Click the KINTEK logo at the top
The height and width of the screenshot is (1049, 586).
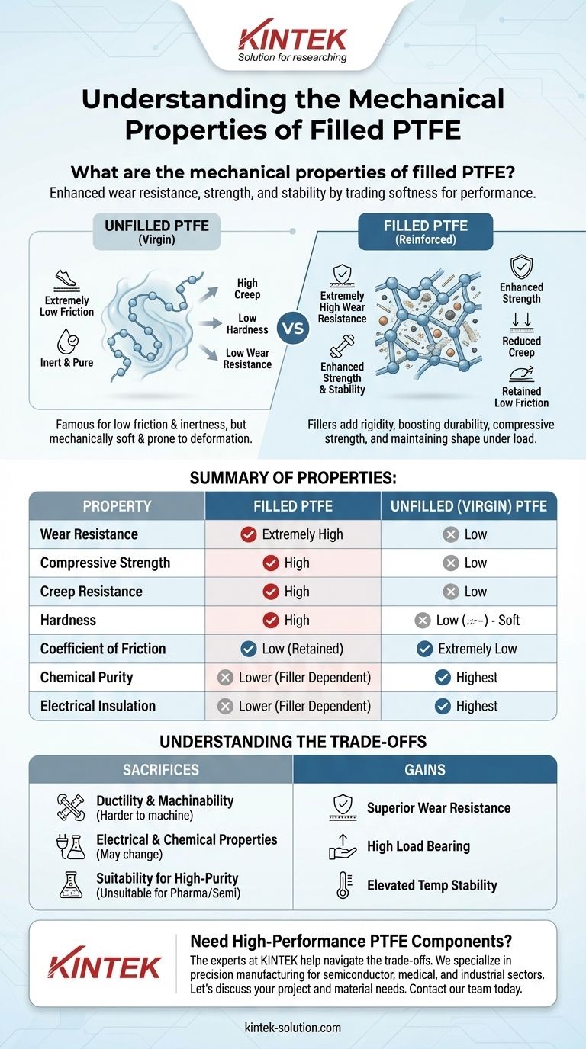click(292, 40)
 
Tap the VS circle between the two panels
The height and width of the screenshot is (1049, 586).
click(294, 328)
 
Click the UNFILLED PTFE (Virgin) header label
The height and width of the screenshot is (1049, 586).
click(157, 232)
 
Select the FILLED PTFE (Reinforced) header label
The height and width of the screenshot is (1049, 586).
click(426, 232)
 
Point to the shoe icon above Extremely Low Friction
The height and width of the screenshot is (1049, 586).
click(66, 279)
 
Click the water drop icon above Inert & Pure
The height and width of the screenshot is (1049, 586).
click(67, 341)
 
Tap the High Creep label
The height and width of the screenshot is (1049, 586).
click(247, 288)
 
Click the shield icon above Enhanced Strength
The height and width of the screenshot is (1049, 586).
click(520, 267)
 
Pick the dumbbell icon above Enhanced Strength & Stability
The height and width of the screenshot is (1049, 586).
click(343, 347)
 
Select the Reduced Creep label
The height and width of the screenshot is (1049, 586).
click(521, 347)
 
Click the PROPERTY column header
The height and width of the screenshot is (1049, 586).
click(118, 506)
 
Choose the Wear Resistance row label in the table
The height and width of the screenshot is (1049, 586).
click(89, 534)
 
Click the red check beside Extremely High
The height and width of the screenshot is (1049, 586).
click(249, 534)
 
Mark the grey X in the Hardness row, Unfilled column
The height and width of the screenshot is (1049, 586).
click(423, 621)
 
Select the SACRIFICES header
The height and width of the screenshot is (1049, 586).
click(161, 770)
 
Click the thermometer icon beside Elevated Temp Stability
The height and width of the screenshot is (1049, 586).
click(343, 886)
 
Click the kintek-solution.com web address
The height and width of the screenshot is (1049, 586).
click(292, 1028)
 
